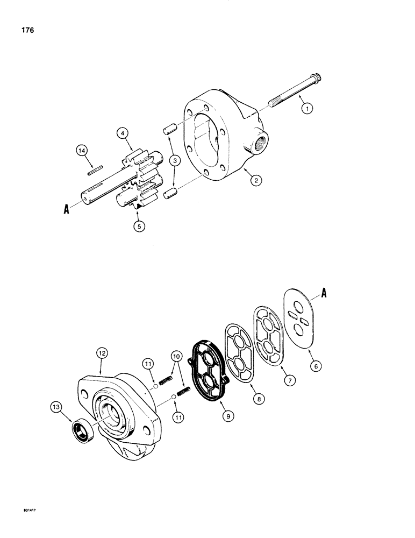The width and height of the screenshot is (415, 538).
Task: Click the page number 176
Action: pos(26,31)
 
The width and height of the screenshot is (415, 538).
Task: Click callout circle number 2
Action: pos(256,181)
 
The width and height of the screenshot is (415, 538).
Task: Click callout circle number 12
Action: pos(103,353)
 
